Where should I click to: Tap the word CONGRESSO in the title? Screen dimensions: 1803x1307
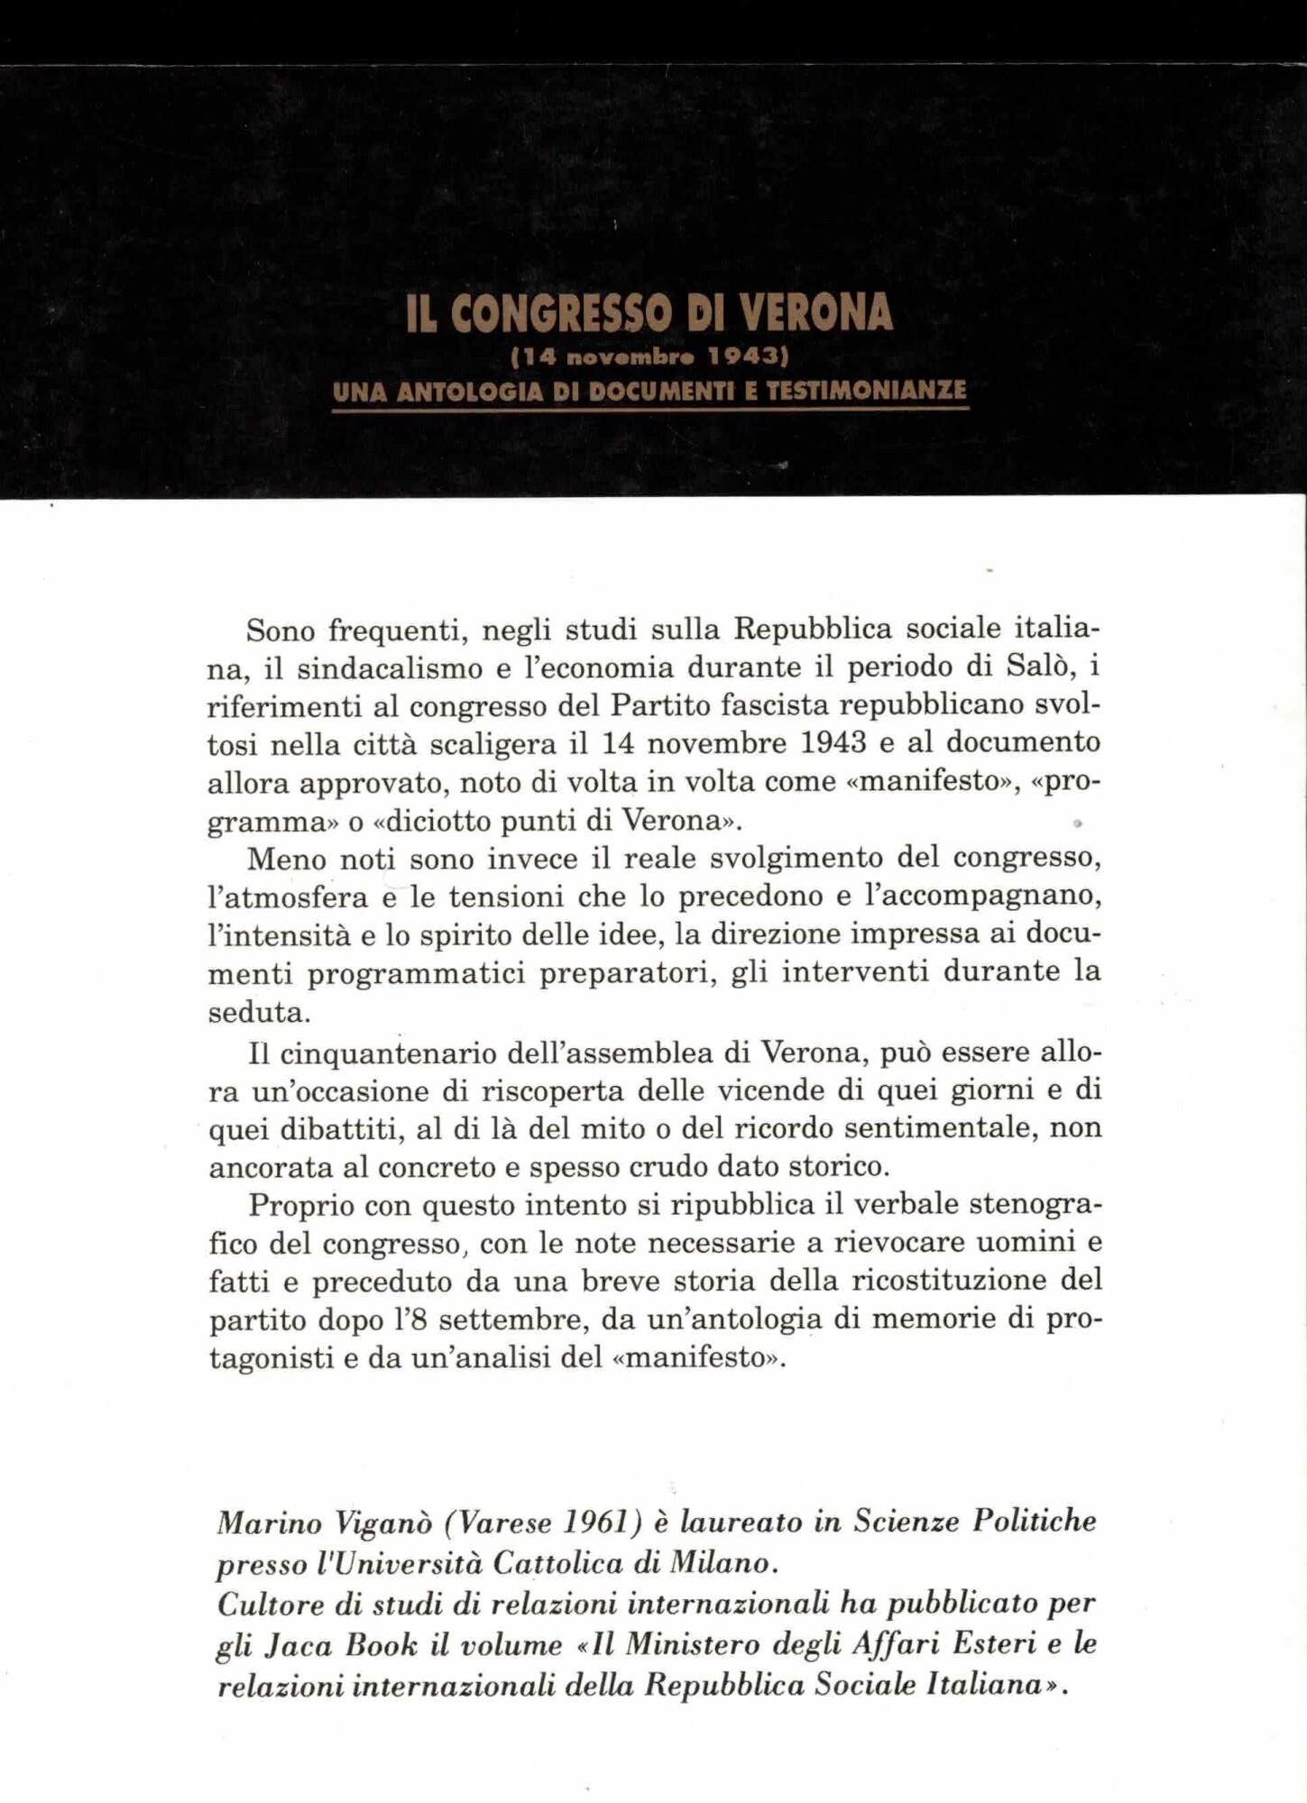[560, 312]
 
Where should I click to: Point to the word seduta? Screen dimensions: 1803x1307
[259, 1012]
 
